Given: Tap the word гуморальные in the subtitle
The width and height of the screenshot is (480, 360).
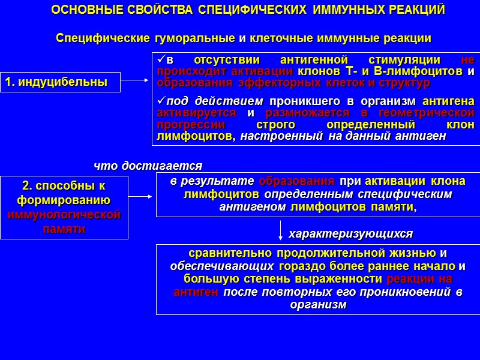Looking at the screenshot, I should pos(195,38).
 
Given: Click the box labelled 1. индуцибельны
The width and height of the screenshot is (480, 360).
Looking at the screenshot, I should pos(60,82).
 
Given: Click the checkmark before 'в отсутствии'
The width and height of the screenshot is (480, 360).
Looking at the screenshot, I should pos(160,60).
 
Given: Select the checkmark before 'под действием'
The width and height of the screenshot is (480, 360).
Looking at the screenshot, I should pos(160,101).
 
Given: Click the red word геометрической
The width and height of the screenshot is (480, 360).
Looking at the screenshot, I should pos(431,113).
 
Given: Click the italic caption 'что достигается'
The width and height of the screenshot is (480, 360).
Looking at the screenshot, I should pos(148,165).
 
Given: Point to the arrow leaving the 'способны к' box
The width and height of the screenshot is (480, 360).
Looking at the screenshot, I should pos(142,196).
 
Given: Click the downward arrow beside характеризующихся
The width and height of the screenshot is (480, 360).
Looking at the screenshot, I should pos(280,230).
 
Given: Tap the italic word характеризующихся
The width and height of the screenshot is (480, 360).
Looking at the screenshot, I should pos(351,233).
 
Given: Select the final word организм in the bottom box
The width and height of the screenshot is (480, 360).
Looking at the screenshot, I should pos(318,305).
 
